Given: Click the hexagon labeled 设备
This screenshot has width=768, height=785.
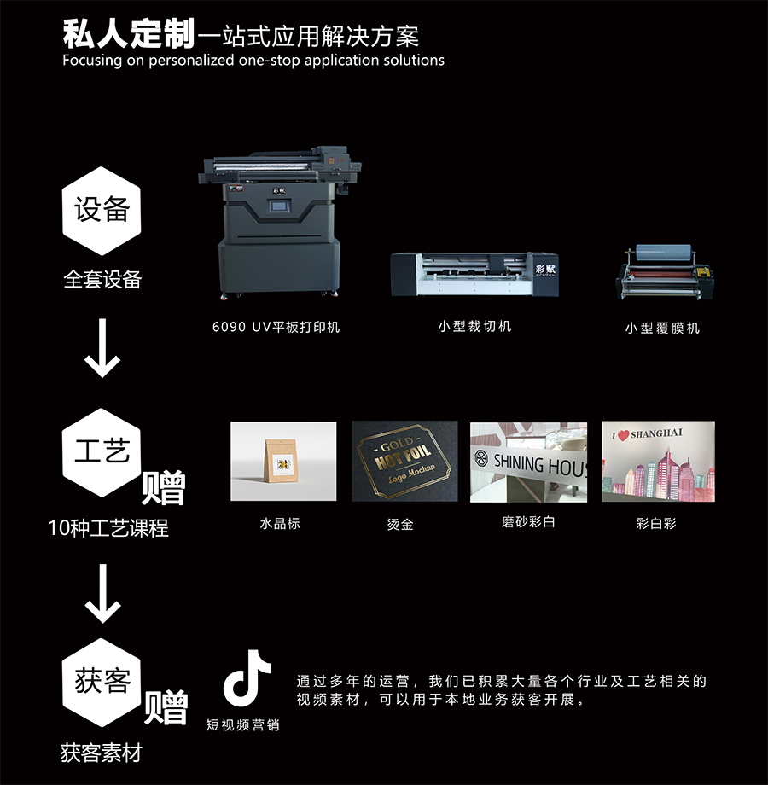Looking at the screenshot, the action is point(102,211).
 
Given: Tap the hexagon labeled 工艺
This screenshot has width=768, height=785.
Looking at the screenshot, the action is point(102,452).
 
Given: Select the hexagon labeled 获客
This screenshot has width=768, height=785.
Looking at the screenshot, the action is point(102,683).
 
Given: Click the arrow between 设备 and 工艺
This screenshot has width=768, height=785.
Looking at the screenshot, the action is point(102,348).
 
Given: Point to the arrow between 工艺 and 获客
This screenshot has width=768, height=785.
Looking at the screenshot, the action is point(102,593).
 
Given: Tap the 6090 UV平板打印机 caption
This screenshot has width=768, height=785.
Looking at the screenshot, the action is point(276,327).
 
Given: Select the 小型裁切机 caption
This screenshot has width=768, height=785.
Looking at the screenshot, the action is point(474,327).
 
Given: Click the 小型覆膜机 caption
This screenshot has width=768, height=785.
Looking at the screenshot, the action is point(662,328).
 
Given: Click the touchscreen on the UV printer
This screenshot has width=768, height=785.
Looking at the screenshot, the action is point(279,206).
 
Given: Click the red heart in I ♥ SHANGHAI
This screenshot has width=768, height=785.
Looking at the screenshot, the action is point(623,435).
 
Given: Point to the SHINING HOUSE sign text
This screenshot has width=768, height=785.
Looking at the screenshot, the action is point(539,464).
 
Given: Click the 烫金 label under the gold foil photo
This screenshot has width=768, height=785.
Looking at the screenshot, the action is point(400,524).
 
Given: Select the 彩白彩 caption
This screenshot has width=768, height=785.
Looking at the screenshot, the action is point(656,524).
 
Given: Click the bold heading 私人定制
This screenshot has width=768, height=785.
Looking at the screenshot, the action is point(129,34).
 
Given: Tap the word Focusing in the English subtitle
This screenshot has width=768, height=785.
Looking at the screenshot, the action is point(92,61).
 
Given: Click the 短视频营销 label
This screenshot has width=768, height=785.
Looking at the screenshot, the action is point(243,725).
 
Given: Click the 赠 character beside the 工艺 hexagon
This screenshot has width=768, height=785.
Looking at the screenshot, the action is point(163,487).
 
